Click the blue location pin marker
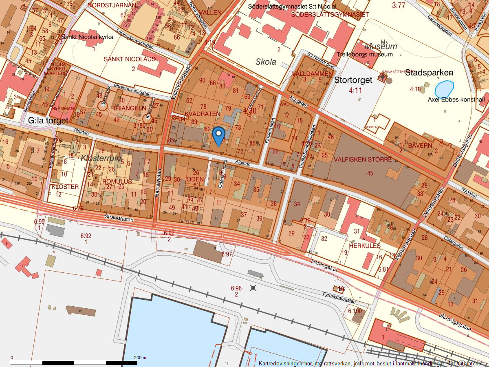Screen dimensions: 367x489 pos(219,136)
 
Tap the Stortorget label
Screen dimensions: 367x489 pos(353,80)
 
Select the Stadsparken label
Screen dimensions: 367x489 pos(429,73)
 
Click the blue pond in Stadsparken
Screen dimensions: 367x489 pos(444,88)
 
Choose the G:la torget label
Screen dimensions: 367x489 pos(48,121)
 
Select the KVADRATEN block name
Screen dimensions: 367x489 pos(202,114)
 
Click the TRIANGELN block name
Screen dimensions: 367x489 pos(129,108)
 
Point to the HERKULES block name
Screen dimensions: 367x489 pos(365,246)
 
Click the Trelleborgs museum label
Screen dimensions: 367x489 pos(365,54)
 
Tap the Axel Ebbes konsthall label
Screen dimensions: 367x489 pos(456,99)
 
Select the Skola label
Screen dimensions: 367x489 pos(266,62)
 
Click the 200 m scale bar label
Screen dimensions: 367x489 pos(140,358)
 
